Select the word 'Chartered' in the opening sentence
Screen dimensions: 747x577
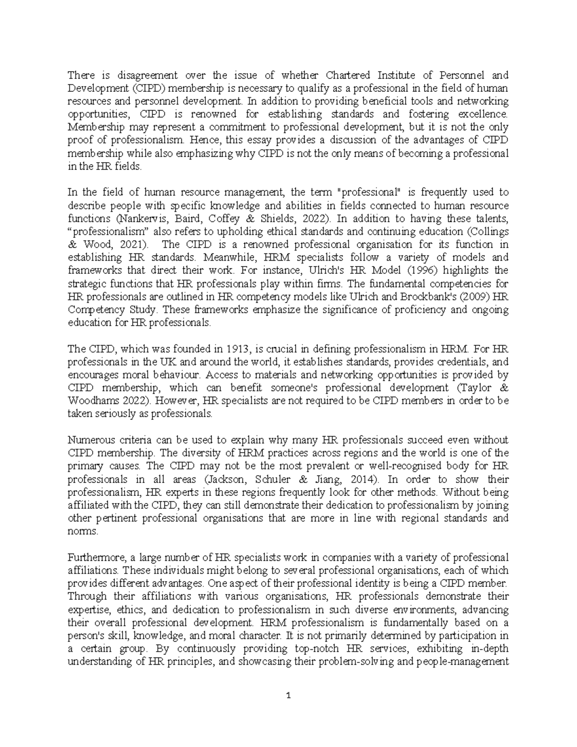pyautogui.click(x=348, y=75)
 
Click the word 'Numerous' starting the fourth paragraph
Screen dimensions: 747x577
pyautogui.click(x=89, y=440)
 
